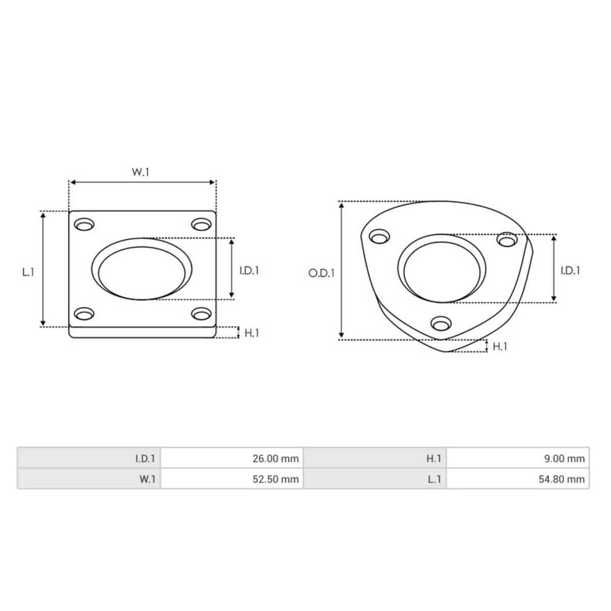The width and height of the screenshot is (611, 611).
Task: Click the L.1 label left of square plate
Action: coord(28,271)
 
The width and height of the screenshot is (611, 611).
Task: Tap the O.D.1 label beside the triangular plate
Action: coord(321,273)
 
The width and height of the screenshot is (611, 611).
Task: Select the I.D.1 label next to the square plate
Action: coord(249,271)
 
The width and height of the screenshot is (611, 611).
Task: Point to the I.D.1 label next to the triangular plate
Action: coord(570,271)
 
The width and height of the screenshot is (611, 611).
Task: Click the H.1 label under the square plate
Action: coord(252,333)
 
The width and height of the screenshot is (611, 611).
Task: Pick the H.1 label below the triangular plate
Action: coord(500,347)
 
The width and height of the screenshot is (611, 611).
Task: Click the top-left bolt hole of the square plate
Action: coord(84,225)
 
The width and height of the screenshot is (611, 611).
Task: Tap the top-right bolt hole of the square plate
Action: coord(202,224)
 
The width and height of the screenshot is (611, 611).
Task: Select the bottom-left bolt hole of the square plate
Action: coord(84,313)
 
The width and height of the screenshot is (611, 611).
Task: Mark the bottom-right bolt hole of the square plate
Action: coord(202,313)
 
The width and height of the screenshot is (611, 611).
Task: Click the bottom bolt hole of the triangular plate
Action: coord(441,323)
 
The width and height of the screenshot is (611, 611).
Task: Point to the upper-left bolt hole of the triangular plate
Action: coord(379,237)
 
